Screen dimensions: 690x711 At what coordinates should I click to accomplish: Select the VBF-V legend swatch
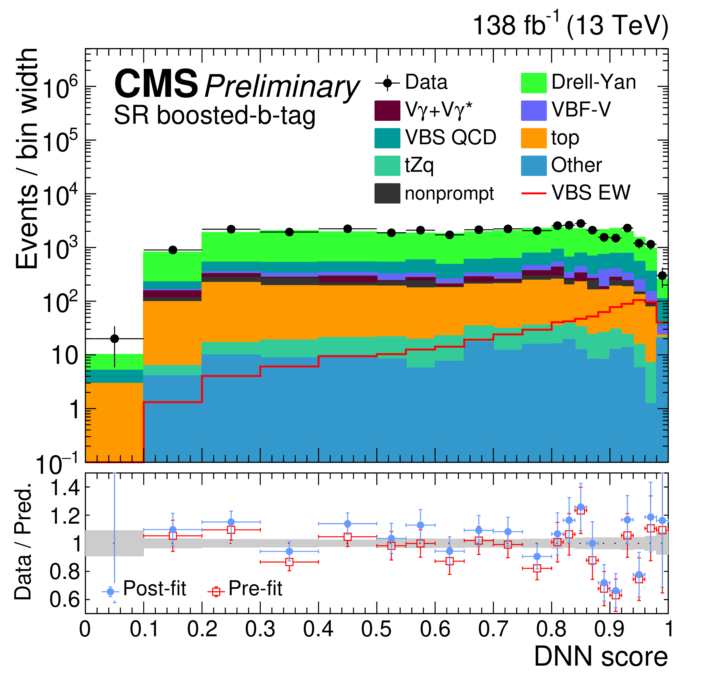click(x=534, y=110)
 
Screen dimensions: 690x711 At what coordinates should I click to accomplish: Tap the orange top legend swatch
click(x=534, y=138)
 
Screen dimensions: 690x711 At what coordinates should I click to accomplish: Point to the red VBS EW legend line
click(x=534, y=193)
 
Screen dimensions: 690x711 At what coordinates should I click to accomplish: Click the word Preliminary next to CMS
click(x=282, y=86)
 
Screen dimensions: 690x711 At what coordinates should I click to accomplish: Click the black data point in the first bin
click(x=115, y=339)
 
